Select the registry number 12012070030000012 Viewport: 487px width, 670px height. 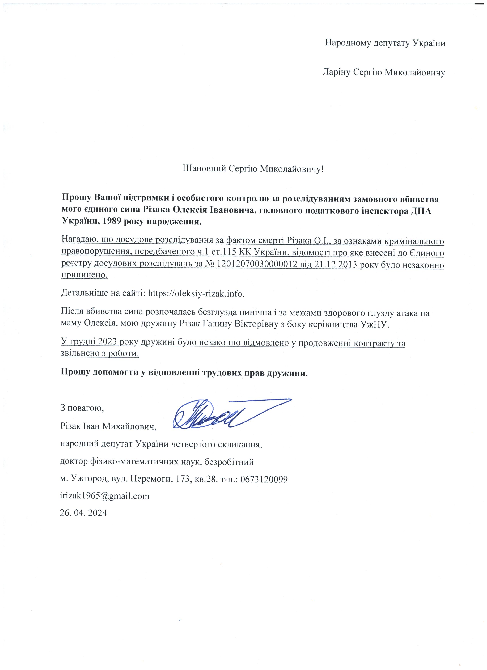point(257,264)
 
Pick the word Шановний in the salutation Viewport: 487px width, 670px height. point(205,169)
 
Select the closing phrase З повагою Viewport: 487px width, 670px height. point(82,408)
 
